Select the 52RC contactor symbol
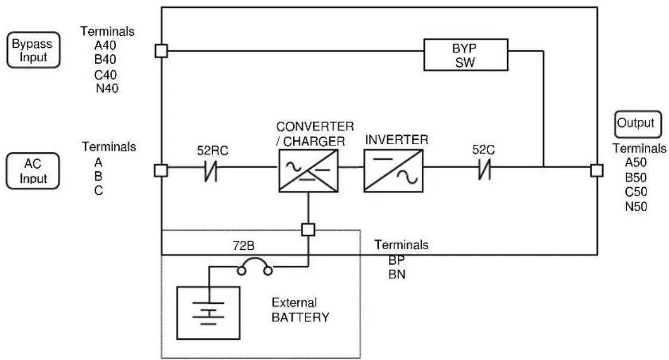click(211, 170)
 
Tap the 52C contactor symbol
click(484, 169)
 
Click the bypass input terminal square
click(161, 51)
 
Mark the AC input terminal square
click(161, 170)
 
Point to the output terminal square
click(597, 170)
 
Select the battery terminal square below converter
click(308, 229)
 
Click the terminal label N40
click(107, 88)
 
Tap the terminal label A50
click(636, 162)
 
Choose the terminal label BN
click(397, 275)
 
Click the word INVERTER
click(396, 139)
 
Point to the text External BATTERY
click(300, 310)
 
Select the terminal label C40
click(105, 75)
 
